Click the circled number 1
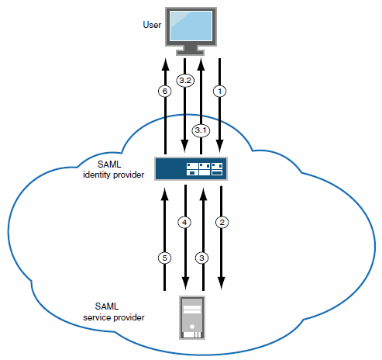click(221, 91)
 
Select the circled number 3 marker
click(202, 258)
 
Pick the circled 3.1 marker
click(201, 130)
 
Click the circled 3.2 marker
click(184, 80)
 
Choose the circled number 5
click(165, 258)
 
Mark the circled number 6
click(165, 91)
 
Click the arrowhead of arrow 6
click(165, 62)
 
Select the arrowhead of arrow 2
click(221, 280)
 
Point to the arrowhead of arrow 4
click(184, 280)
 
